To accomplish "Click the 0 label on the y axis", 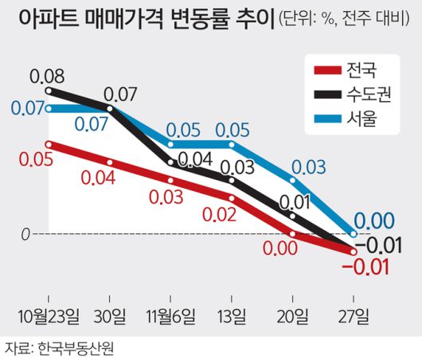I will tap(25, 235).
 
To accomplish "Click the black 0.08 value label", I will tap(48, 77).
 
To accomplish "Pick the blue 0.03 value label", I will tap(308, 167).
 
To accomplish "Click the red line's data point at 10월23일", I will tap(49, 144).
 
